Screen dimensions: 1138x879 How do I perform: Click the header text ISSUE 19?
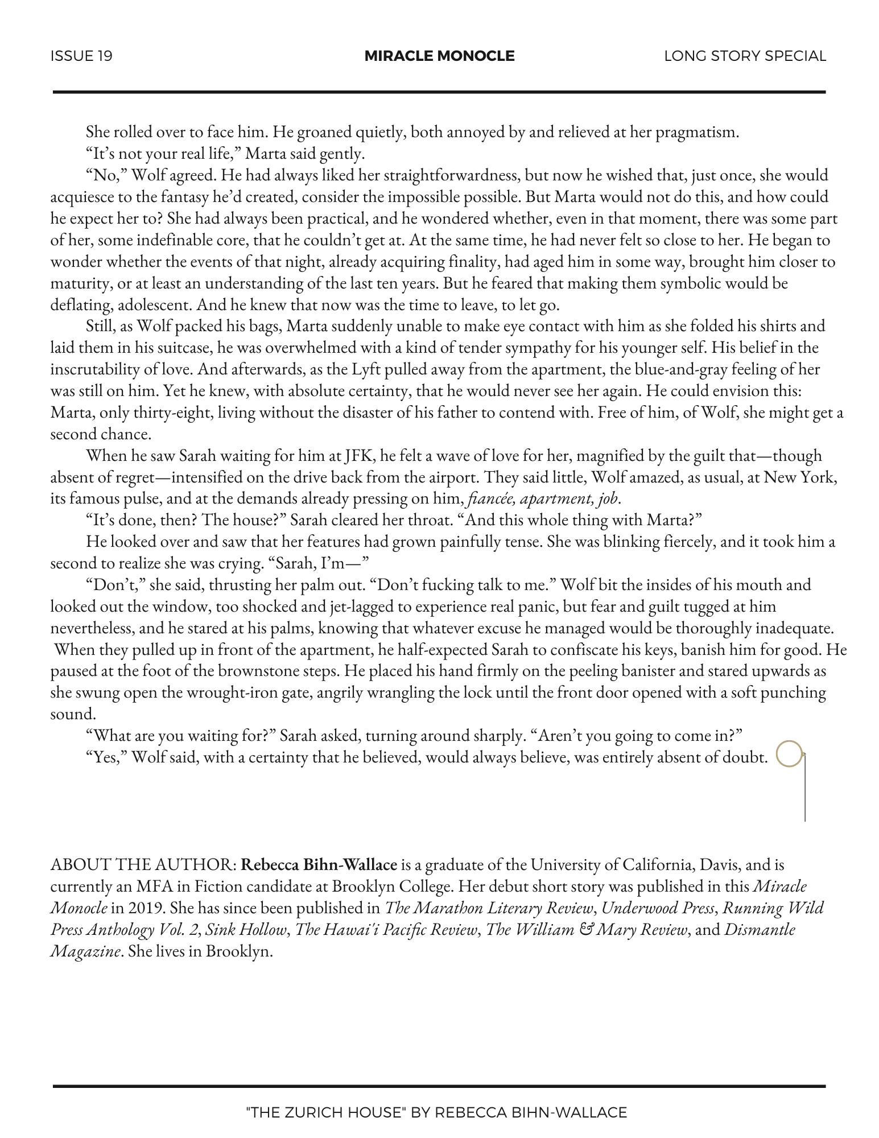[x=81, y=56]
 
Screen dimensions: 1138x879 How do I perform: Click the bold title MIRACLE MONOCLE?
[x=439, y=56]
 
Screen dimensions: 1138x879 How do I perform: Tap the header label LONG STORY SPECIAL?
[x=745, y=56]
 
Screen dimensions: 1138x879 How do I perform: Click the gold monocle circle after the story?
[x=789, y=754]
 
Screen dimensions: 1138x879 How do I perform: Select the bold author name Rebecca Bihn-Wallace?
[x=319, y=865]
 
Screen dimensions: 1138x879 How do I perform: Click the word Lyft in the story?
[x=369, y=369]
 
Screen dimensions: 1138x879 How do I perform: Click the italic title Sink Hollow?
[x=245, y=930]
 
